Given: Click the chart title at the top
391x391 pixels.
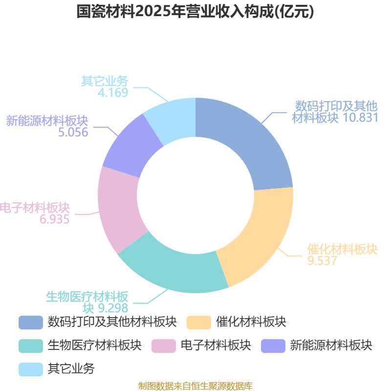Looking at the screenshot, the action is pyautogui.click(x=195, y=11).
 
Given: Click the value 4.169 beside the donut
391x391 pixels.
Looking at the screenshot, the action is pyautogui.click(x=113, y=92).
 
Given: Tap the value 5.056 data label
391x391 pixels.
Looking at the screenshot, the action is pyautogui.click(x=73, y=132).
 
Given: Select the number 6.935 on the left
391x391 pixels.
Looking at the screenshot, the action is pyautogui.click(x=54, y=219).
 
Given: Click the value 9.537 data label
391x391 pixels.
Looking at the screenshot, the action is pyautogui.click(x=322, y=261).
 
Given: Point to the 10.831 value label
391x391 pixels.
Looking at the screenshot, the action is pyautogui.click(x=361, y=117).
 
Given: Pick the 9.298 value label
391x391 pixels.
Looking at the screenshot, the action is pyautogui.click(x=113, y=308).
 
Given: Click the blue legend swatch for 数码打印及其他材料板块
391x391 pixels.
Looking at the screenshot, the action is pyautogui.click(x=31, y=323).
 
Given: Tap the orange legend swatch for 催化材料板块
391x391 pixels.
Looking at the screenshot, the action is pyautogui.click(x=199, y=323).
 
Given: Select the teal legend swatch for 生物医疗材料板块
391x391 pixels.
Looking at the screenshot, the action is pyautogui.click(x=31, y=346).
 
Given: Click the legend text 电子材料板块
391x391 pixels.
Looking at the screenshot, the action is pyautogui.click(x=216, y=346).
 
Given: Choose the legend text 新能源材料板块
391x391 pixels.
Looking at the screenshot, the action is pyautogui.click(x=331, y=346).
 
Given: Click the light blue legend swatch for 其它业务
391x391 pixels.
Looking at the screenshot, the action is pyautogui.click(x=31, y=369).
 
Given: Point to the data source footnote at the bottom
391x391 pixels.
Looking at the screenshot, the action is pyautogui.click(x=195, y=386).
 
